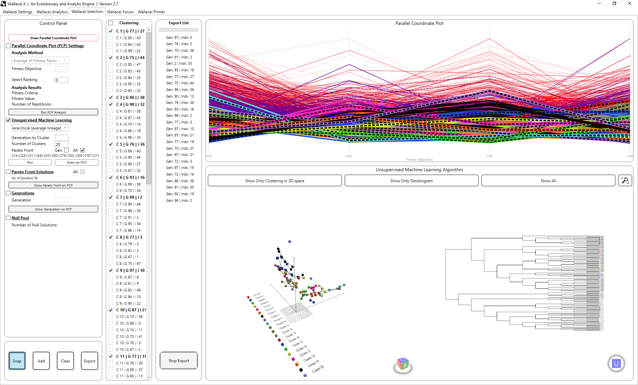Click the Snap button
click(17, 361)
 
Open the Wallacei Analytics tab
click(52, 12)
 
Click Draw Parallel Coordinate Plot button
click(53, 38)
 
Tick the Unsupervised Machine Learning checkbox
click(9, 120)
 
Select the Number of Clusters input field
click(61, 144)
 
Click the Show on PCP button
click(76, 163)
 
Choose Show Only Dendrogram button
click(411, 181)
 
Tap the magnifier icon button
click(625, 181)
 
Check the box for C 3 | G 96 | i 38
click(111, 98)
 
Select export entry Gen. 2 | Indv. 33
click(179, 63)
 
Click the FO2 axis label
click(349, 156)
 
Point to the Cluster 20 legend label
click(317, 369)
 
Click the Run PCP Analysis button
click(53, 112)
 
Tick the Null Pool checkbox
click(9, 218)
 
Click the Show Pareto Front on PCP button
click(53, 186)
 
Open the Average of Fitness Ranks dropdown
click(40, 61)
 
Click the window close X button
click(629, 4)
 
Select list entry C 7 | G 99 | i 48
click(128, 204)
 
